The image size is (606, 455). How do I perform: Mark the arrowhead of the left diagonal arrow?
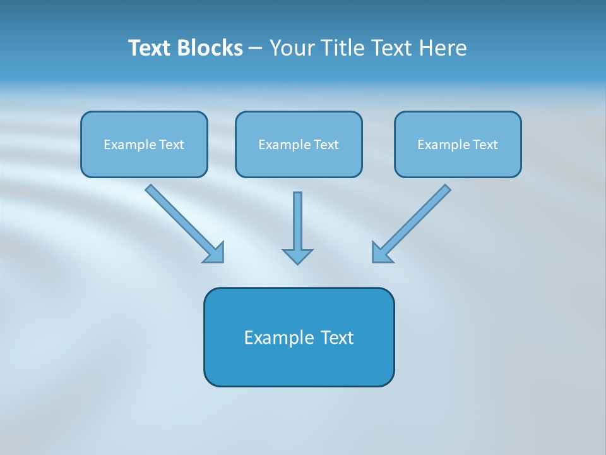[x=215, y=253]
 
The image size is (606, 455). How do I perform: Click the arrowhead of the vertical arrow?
[x=297, y=256]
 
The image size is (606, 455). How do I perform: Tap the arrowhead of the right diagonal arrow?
[x=381, y=253]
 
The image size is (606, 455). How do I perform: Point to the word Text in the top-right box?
[x=485, y=145]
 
